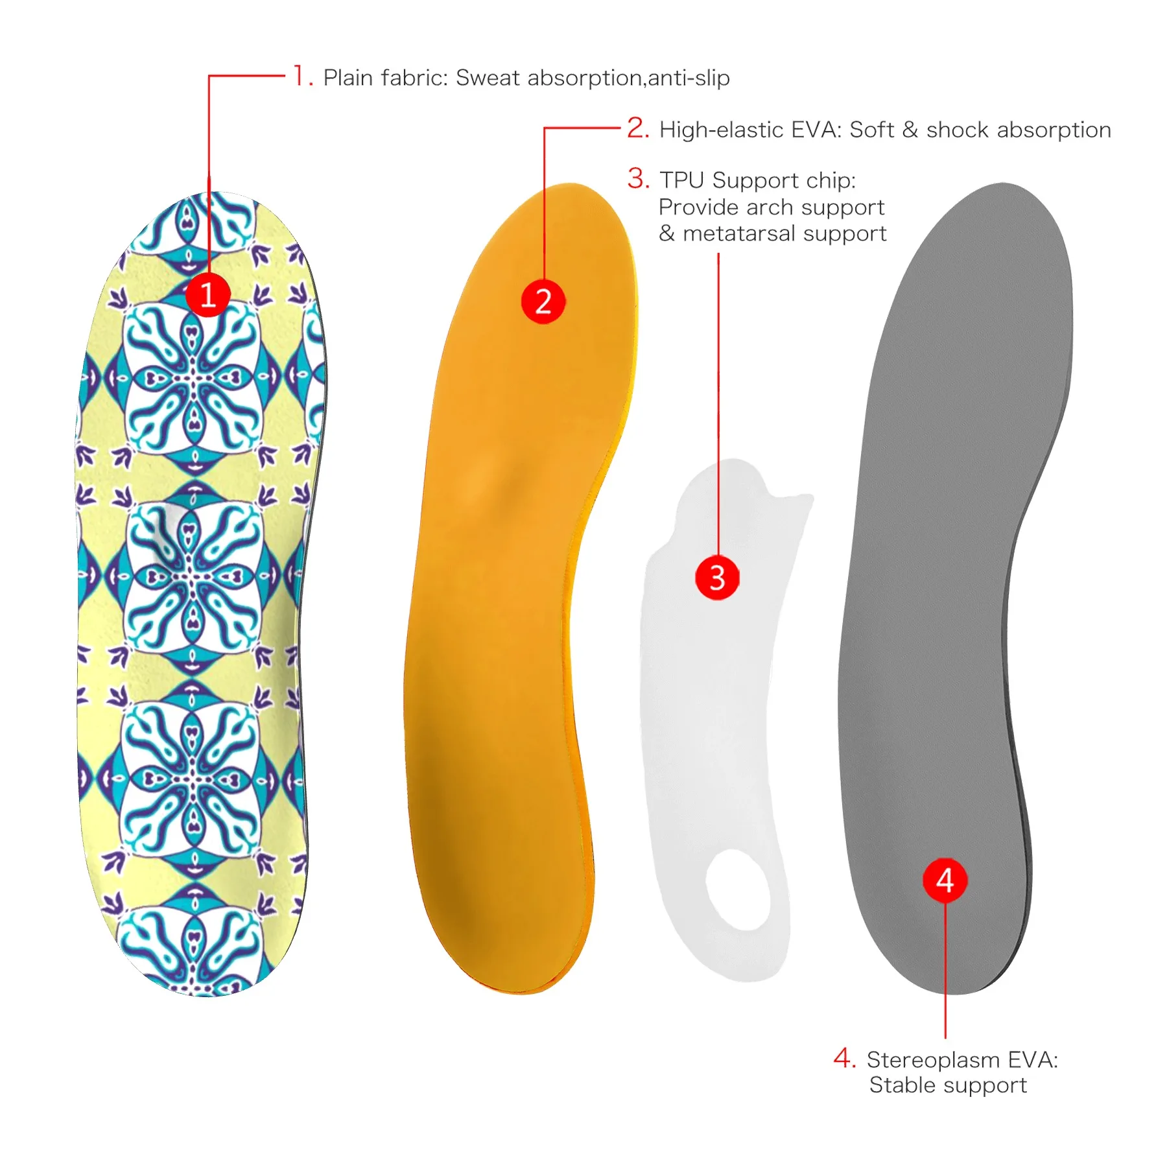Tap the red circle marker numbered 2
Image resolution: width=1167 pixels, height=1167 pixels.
tap(543, 301)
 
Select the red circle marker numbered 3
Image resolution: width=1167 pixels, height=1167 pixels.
tap(717, 577)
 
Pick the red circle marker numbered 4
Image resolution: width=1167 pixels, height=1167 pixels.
tap(945, 880)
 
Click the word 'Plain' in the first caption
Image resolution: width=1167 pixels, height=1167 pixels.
tap(349, 78)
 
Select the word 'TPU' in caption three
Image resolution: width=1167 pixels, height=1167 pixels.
tap(683, 180)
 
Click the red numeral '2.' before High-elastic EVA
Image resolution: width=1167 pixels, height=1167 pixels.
tap(638, 128)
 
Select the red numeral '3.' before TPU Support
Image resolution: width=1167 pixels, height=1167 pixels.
tap(638, 178)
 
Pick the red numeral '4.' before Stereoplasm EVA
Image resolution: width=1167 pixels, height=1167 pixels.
tap(845, 1058)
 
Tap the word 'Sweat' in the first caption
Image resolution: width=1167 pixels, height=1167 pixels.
tap(488, 78)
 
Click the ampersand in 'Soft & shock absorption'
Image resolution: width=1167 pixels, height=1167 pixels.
tap(910, 130)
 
